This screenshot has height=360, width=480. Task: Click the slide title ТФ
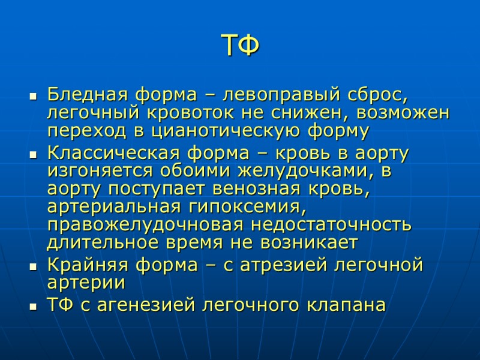point(240,46)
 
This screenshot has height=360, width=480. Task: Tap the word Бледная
point(86,94)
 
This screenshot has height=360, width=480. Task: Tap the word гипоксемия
point(247,207)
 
